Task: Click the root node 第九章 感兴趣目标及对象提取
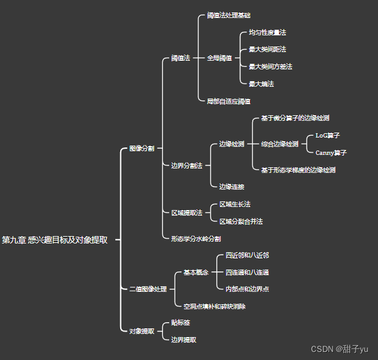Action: [x=55, y=240]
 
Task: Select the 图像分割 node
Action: [x=141, y=149]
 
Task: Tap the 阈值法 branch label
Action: [x=180, y=58]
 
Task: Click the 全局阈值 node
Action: [x=219, y=58]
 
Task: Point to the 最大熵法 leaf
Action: [x=261, y=84]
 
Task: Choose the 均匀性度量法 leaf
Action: [x=267, y=32]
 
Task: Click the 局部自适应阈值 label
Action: [x=229, y=101]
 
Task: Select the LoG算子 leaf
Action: [x=327, y=135]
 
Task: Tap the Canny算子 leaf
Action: [x=331, y=152]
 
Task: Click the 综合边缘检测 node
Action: [x=279, y=144]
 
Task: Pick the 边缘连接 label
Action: [x=232, y=187]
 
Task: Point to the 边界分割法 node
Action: [x=187, y=165]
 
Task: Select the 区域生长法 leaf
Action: [x=235, y=204]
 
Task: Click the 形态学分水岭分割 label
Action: [x=196, y=239]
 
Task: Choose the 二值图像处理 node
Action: [x=147, y=289]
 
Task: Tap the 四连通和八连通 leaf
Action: [x=247, y=272]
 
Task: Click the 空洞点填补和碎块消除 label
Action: [x=214, y=306]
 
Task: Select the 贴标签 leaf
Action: [x=180, y=323]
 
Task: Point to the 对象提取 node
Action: [x=141, y=331]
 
